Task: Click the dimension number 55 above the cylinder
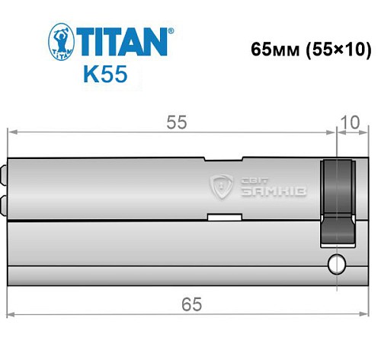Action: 177,122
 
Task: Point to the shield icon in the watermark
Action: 223,185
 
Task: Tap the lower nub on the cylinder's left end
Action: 5,203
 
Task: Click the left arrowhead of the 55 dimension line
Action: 12,132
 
